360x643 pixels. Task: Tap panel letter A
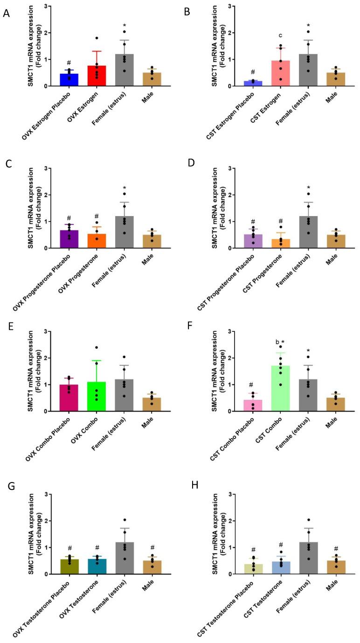point(7,13)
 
